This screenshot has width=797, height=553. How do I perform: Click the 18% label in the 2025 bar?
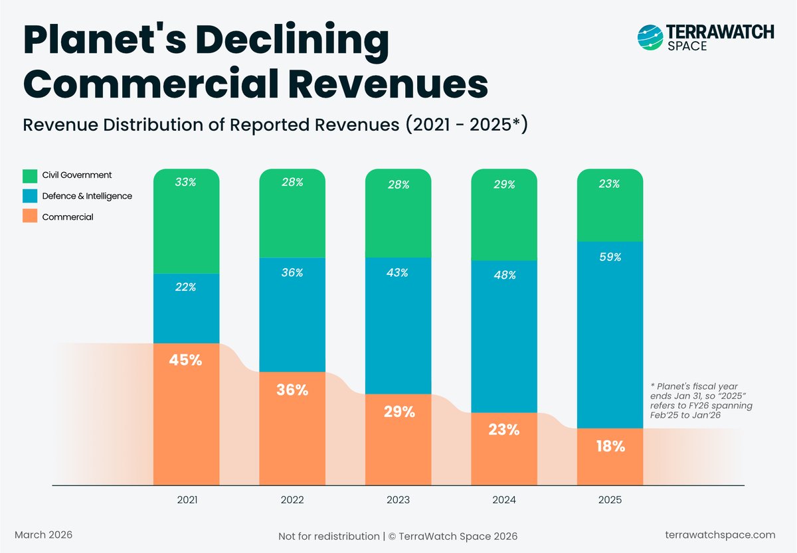(x=610, y=447)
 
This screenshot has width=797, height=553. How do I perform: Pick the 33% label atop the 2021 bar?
(x=186, y=182)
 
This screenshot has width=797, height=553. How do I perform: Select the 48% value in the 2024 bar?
(x=504, y=274)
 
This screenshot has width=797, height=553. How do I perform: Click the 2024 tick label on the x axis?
(x=504, y=499)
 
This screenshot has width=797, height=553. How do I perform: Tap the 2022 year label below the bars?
(x=292, y=499)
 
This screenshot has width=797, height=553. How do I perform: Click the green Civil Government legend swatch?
(x=30, y=176)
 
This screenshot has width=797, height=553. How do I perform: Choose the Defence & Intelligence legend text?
(x=87, y=196)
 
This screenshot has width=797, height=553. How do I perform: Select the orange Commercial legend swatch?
(x=30, y=216)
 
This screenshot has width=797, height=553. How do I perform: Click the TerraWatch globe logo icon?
(x=650, y=38)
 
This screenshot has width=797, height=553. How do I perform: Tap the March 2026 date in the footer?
(x=44, y=534)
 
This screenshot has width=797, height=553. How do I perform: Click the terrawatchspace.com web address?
(x=720, y=535)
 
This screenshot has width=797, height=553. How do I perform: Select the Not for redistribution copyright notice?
(x=398, y=536)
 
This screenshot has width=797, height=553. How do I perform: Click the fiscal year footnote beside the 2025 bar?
(x=701, y=400)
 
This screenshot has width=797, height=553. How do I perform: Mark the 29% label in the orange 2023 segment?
(x=398, y=412)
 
